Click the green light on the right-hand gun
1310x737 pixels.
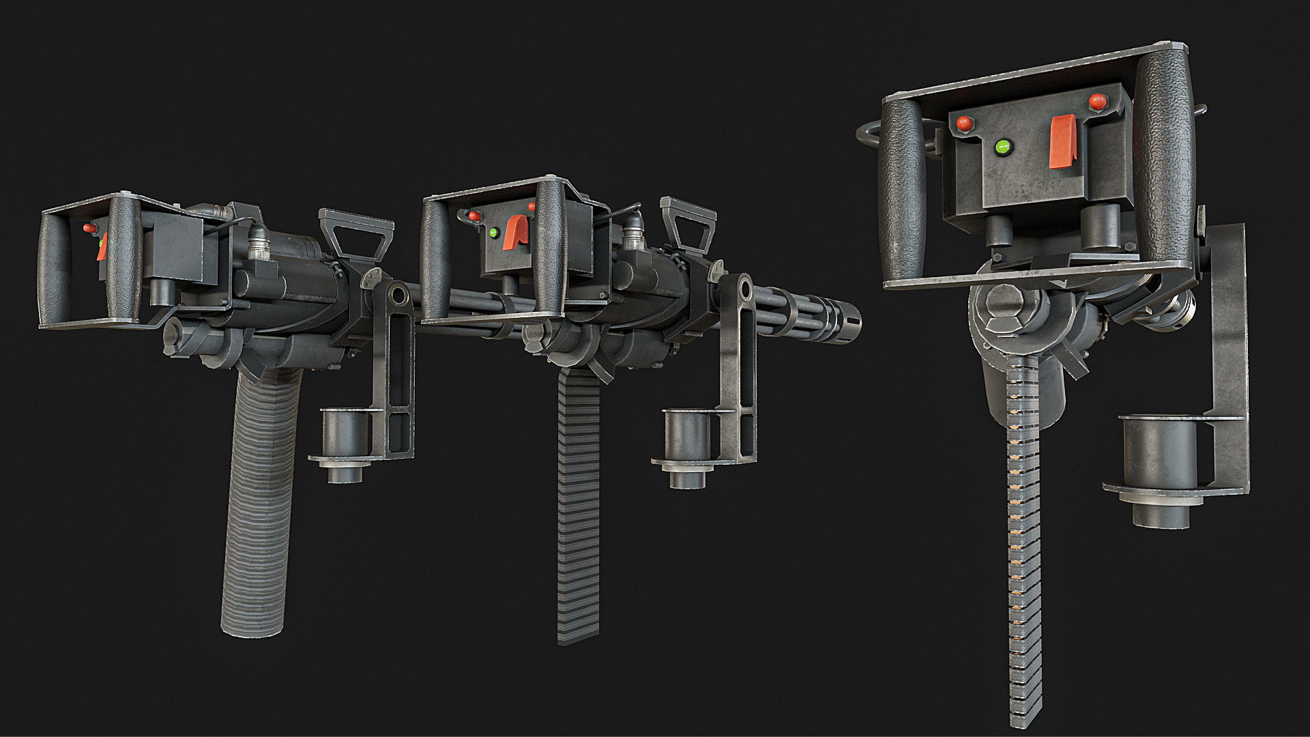click(x=1003, y=146)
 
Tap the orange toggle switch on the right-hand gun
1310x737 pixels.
click(x=1063, y=141)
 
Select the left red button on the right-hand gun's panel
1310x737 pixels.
click(x=964, y=124)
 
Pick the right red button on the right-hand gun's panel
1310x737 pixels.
click(x=1097, y=101)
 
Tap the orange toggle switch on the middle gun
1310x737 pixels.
click(x=516, y=232)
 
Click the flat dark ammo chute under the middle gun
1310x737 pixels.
click(x=579, y=505)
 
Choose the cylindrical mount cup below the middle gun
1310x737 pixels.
click(x=688, y=437)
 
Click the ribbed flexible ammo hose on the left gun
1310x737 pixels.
click(x=258, y=505)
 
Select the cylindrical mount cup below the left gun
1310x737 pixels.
click(x=345, y=437)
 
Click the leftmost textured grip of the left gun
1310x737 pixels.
click(x=54, y=266)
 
